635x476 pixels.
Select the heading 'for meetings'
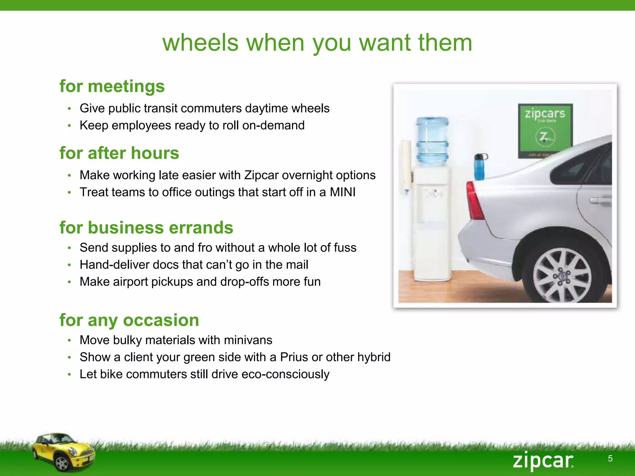[112, 86]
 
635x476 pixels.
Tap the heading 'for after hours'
[119, 153]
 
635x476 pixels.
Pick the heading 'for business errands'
[146, 227]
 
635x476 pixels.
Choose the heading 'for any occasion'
[129, 320]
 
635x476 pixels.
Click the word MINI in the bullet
[342, 192]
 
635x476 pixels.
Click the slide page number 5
[610, 458]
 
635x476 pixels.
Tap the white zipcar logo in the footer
[543, 461]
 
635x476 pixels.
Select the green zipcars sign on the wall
[545, 130]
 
